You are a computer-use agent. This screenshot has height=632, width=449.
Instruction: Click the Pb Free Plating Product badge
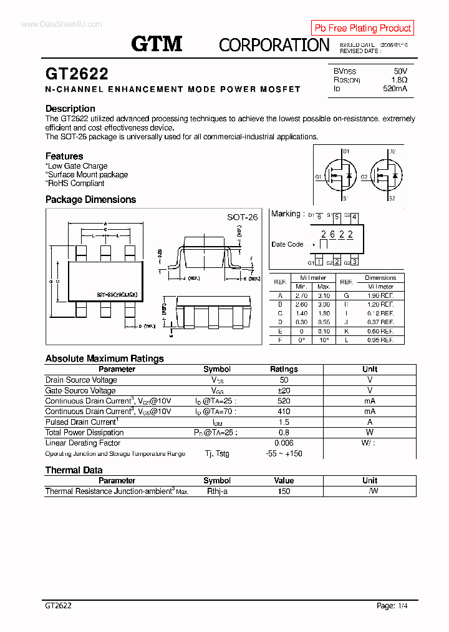pos(362,28)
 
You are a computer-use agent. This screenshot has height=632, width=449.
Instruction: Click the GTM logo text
pos(157,44)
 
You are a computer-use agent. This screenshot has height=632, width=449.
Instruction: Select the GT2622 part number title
pos(77,74)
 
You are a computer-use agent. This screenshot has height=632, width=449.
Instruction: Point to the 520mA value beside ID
pos(395,89)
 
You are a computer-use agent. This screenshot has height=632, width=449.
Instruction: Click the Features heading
pos(64,156)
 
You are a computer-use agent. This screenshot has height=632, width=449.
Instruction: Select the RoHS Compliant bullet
pos(75,184)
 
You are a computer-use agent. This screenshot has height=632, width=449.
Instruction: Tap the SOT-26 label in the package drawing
pos(242,217)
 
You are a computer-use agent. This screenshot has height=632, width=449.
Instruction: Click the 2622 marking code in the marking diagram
pos(337,235)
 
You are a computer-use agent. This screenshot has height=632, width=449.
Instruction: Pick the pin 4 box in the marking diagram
pos(354,217)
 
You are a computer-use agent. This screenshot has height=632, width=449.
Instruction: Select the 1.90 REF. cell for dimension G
pos(380,295)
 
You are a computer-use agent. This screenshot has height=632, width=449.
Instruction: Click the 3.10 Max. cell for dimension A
pos(324,295)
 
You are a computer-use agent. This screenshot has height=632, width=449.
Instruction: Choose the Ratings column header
pos(284,369)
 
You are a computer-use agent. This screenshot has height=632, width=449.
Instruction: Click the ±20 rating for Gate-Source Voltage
pos(284,390)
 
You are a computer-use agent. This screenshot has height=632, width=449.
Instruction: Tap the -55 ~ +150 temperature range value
pos(284,453)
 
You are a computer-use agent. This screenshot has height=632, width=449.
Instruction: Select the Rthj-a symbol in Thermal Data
pos(217,491)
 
